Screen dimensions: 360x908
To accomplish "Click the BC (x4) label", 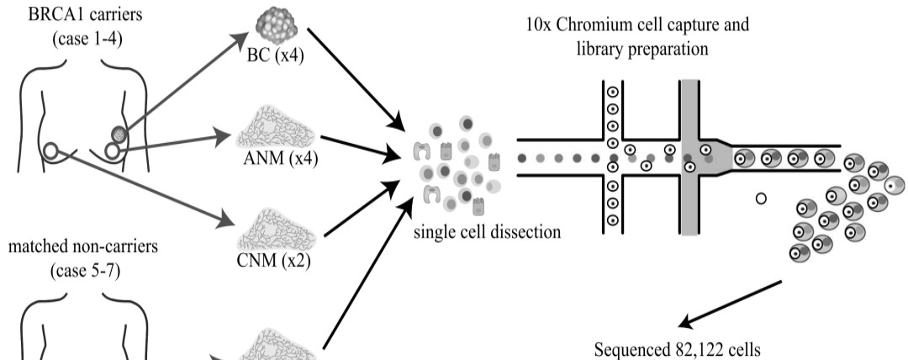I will (x=274, y=57).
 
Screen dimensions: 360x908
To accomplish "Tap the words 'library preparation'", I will (x=646, y=49).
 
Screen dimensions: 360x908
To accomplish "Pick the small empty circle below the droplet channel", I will (x=761, y=199).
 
